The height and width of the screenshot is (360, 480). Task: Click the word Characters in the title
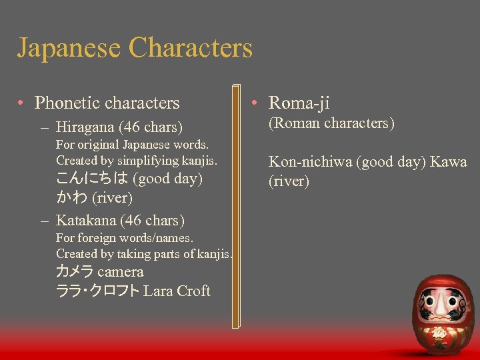191,48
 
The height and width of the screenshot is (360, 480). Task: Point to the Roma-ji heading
299,103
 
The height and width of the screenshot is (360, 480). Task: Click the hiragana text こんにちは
93,179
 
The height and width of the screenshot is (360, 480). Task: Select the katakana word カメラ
75,272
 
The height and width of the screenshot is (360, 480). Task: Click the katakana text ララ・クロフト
98,291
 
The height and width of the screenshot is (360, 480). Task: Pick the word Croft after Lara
193,291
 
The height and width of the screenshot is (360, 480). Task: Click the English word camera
120,272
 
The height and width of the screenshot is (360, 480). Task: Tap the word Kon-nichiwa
313,162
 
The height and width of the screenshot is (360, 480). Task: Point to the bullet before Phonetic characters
22,103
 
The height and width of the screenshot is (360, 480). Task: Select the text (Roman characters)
331,123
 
